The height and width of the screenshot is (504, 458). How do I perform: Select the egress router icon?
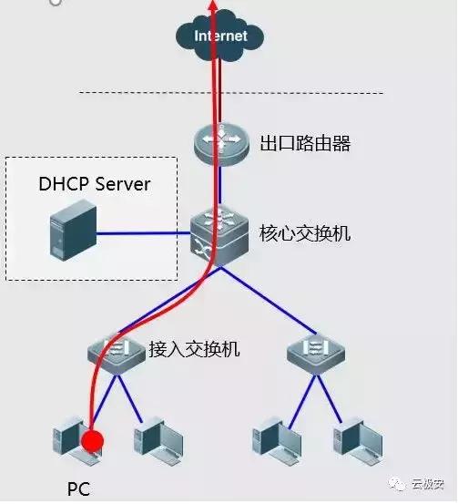[219, 144]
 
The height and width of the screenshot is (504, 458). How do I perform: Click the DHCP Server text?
[94, 184]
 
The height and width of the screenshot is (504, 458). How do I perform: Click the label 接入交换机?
[194, 348]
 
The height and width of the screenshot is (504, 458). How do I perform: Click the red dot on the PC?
[91, 443]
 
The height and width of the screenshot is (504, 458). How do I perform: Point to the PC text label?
[78, 489]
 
